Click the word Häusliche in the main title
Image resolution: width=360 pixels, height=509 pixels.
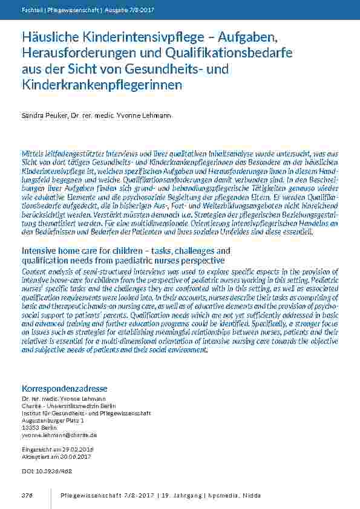48,39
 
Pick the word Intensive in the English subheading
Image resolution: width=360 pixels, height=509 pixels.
42,250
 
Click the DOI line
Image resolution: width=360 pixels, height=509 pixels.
47,470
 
